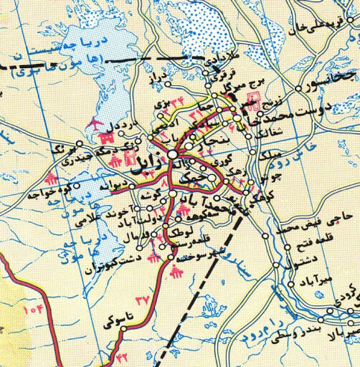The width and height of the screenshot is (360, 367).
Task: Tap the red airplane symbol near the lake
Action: [94, 126]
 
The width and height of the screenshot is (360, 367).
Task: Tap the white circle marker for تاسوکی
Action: [123, 330]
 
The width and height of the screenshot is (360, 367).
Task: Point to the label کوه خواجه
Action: [39, 194]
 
